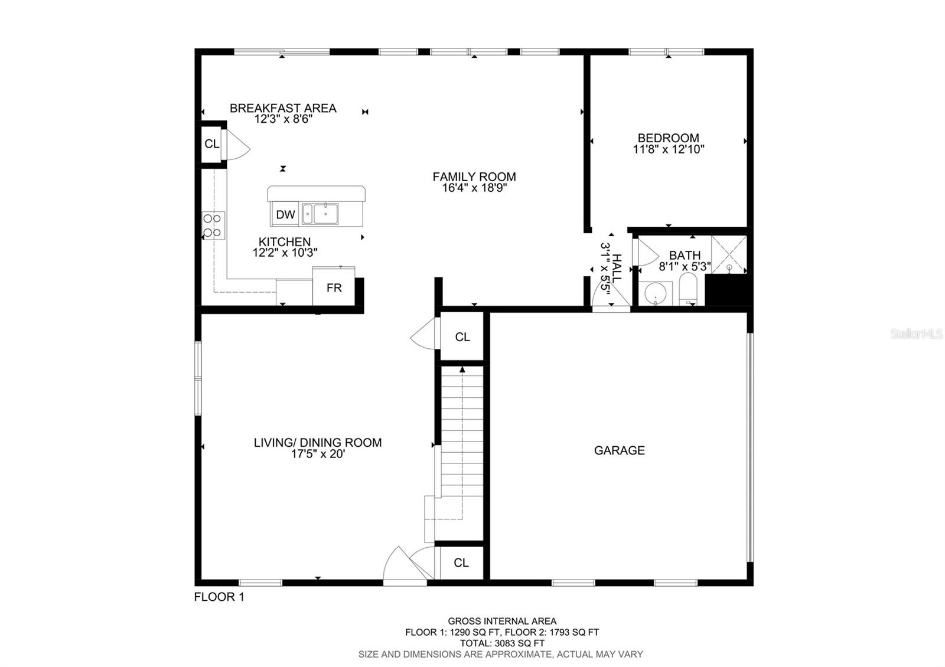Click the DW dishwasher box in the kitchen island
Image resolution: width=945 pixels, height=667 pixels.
pos(285,215)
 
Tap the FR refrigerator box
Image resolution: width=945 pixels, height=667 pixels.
pos(334,287)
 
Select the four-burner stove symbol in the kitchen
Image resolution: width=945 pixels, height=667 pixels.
pos(213,225)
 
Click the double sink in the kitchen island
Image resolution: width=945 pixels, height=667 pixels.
pos(320,214)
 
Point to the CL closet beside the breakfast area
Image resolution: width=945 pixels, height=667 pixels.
pos(211,144)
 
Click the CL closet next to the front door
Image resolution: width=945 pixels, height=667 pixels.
pos(461,563)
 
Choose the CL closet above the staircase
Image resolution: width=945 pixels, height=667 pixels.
pos(462,336)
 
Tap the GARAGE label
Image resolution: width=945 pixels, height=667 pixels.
pos(619,450)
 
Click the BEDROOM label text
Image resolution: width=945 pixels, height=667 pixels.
pos(668,138)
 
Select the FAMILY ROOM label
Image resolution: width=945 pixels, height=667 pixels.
pos(474,176)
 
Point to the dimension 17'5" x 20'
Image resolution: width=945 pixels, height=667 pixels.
pos(318,454)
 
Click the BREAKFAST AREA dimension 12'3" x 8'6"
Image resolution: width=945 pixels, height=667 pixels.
pos(283,119)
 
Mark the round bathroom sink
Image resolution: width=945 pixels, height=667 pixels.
pos(655,293)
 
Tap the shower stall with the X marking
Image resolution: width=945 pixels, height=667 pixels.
pos(729,254)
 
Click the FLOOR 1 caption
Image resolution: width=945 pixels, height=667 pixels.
pos(219,597)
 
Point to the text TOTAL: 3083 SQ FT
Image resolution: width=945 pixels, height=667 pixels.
pos(501,643)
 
